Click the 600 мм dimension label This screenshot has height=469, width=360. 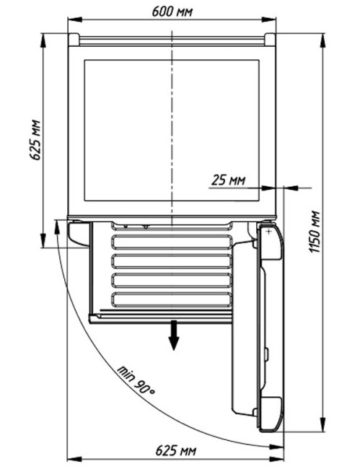click(172, 12)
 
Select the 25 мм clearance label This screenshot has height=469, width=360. click(228, 180)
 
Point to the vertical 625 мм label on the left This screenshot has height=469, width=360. click(35, 140)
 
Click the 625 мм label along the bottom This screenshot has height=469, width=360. click(176, 450)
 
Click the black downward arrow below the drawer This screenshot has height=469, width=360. click(174, 335)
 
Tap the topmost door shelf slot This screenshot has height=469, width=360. click(172, 226)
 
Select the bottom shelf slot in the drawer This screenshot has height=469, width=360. click(172, 299)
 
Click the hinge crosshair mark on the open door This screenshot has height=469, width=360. click(269, 232)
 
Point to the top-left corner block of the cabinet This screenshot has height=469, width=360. click(74, 39)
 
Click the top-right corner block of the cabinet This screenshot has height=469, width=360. click(270, 39)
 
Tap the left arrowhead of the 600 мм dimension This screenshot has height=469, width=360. click(75, 19)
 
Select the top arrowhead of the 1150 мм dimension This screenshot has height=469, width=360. click(322, 40)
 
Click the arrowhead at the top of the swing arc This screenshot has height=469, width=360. click(56, 228)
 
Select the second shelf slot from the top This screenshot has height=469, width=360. click(172, 242)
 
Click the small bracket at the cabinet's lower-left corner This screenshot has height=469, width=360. click(79, 233)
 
